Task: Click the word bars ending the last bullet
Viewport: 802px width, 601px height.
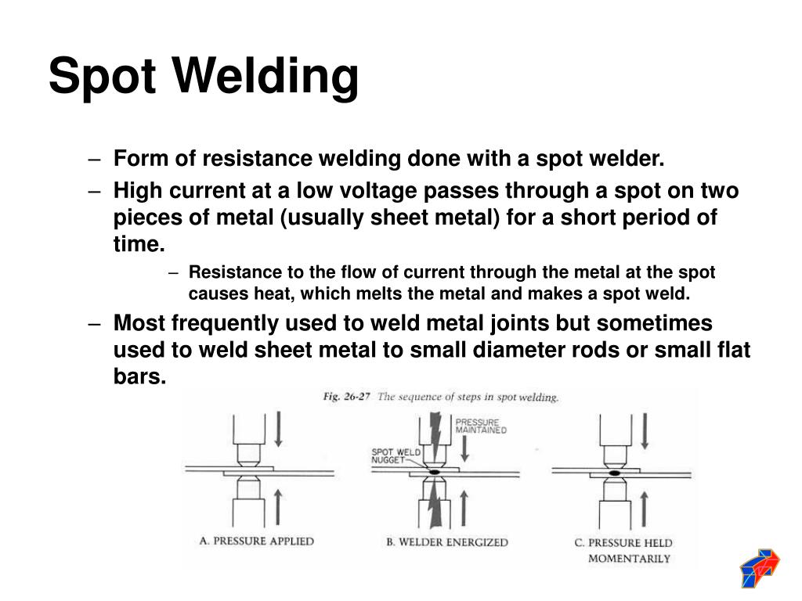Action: coord(138,376)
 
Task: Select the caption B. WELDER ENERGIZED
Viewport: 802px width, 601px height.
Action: coord(446,542)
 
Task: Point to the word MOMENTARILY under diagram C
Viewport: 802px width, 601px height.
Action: coord(629,559)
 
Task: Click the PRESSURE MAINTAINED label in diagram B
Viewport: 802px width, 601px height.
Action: coord(480,426)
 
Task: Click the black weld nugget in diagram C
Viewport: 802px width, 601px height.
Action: coord(613,473)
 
